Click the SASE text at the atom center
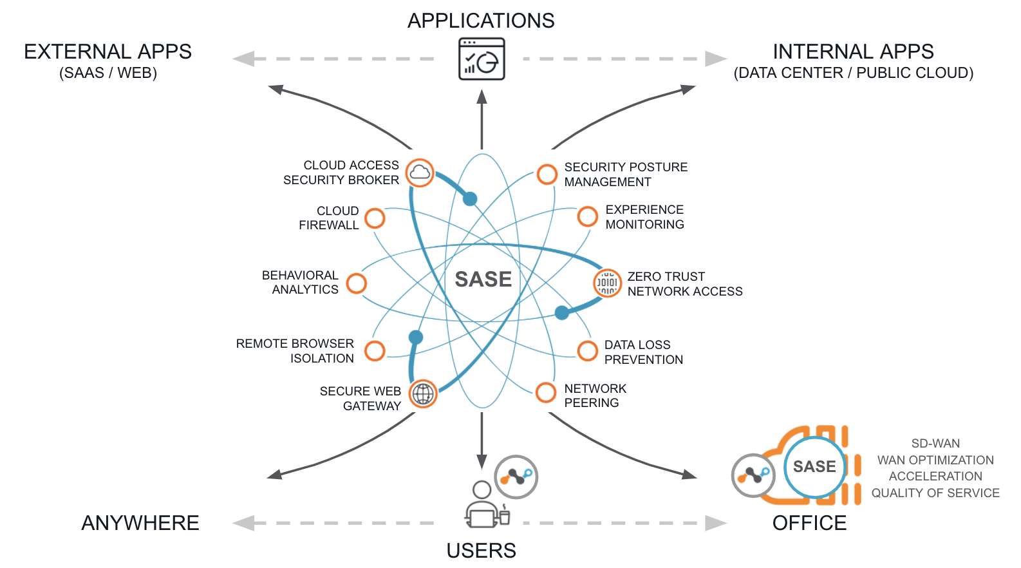(x=483, y=279)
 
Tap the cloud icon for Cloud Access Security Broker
(x=420, y=173)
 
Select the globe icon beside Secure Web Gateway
(x=423, y=393)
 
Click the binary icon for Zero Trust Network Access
(x=607, y=283)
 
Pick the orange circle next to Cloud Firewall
(x=375, y=218)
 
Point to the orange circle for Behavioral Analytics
(x=357, y=283)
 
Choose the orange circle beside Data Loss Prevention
(x=587, y=351)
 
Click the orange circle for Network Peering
(x=546, y=392)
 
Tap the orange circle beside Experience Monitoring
(x=587, y=216)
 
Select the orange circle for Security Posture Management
(x=547, y=174)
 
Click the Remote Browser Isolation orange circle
(x=375, y=351)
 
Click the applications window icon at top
(x=482, y=59)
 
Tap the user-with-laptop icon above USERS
(x=484, y=506)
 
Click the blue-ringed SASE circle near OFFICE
(x=814, y=467)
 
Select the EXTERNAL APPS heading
(x=108, y=52)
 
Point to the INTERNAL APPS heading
(x=853, y=52)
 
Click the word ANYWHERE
(x=140, y=523)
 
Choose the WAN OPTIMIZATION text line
(x=935, y=460)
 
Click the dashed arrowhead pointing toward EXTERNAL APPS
(x=243, y=59)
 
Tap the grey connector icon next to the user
(x=516, y=477)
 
